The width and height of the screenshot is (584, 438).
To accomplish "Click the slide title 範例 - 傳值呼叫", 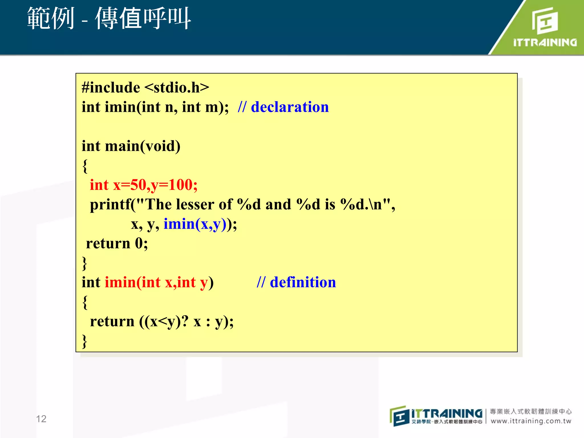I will click(x=109, y=19).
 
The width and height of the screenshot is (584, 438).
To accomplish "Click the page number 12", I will click(x=41, y=419).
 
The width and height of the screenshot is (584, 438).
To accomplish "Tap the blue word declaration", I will click(x=290, y=107).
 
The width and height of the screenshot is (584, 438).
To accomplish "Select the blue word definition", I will click(x=303, y=282).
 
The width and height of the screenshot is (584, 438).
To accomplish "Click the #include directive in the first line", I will click(x=111, y=88).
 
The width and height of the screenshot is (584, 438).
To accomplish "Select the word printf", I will click(x=110, y=205).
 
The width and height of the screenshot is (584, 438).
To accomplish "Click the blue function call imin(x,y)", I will click(x=195, y=224).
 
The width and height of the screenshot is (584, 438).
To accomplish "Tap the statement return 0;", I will click(x=117, y=244).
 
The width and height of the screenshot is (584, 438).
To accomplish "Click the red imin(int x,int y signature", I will click(x=156, y=282).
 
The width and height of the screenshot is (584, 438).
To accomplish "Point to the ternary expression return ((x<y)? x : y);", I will click(x=161, y=322).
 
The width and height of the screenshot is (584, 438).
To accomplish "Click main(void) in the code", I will click(x=143, y=146).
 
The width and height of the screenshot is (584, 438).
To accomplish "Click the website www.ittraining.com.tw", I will click(x=531, y=421).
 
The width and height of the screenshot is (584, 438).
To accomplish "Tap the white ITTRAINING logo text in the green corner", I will click(x=545, y=42).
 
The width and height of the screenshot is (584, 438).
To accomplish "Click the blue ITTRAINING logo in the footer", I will click(x=447, y=413).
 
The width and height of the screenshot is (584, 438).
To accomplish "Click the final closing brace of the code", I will click(x=84, y=341).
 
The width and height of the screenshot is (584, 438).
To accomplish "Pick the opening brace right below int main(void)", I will click(x=85, y=166).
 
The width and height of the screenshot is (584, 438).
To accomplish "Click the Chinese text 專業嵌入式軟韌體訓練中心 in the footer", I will click(x=531, y=411).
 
